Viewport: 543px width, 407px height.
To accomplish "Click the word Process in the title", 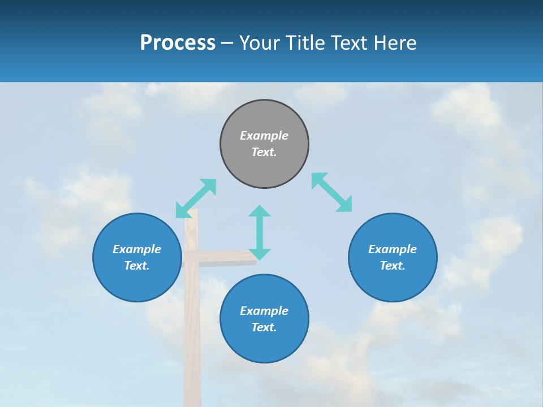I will (178, 43).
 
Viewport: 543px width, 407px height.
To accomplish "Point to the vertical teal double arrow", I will (260, 233).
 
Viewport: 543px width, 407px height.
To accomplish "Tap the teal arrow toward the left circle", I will (196, 198).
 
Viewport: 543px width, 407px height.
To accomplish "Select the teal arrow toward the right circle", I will (331, 193).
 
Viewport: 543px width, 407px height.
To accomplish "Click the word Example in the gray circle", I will (264, 136).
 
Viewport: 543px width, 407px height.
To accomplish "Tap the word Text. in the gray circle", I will (264, 152).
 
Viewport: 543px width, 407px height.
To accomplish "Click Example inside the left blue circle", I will (137, 249).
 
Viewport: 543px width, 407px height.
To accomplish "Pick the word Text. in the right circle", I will (393, 266).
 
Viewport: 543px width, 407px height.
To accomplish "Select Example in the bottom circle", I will (264, 311).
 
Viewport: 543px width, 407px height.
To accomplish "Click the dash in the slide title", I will (227, 43).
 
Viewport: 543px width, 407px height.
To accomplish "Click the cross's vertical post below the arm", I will (192, 339).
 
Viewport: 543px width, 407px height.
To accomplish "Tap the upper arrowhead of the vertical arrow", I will (260, 211).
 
